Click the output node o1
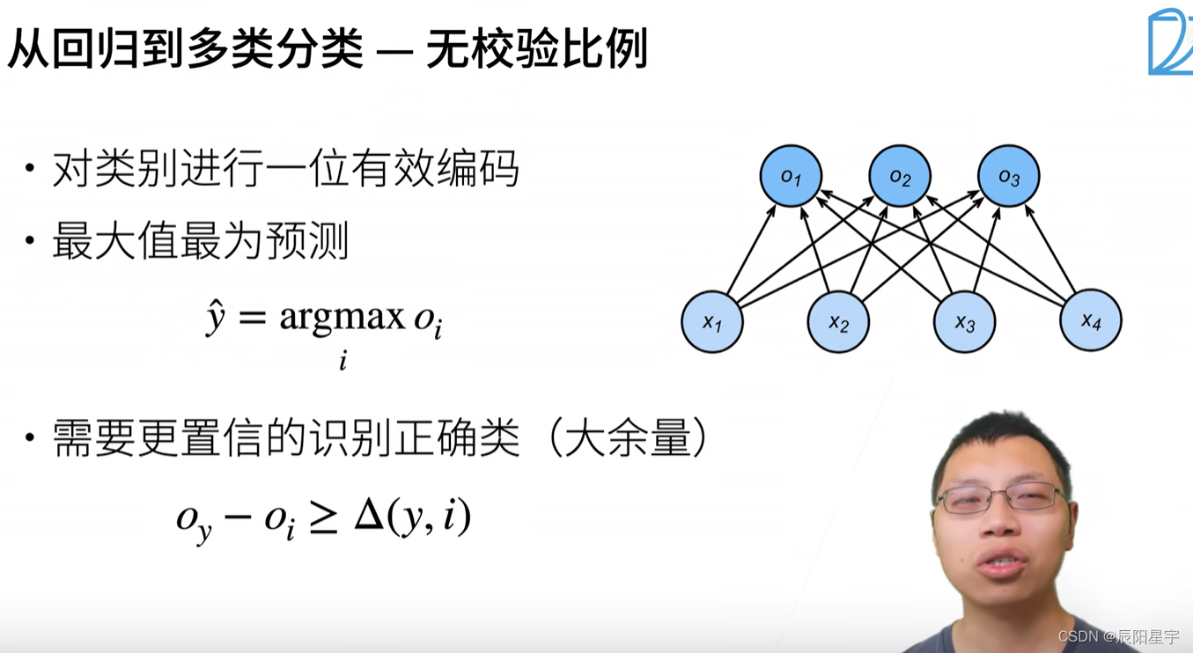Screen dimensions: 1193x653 click(x=791, y=176)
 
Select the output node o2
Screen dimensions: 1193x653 click(x=900, y=176)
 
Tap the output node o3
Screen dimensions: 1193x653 click(x=1008, y=176)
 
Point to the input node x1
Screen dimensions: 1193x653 click(x=712, y=322)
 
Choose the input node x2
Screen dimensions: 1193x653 click(x=838, y=322)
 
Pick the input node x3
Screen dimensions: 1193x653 click(x=965, y=322)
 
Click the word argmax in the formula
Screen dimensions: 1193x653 click(x=342, y=316)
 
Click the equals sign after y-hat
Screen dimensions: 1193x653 click(x=253, y=318)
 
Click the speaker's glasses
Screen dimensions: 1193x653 click(x=1000, y=498)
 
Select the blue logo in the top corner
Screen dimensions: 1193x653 click(x=1169, y=42)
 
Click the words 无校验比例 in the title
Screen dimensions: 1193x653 click(x=537, y=48)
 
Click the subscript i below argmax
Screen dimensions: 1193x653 click(x=342, y=360)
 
